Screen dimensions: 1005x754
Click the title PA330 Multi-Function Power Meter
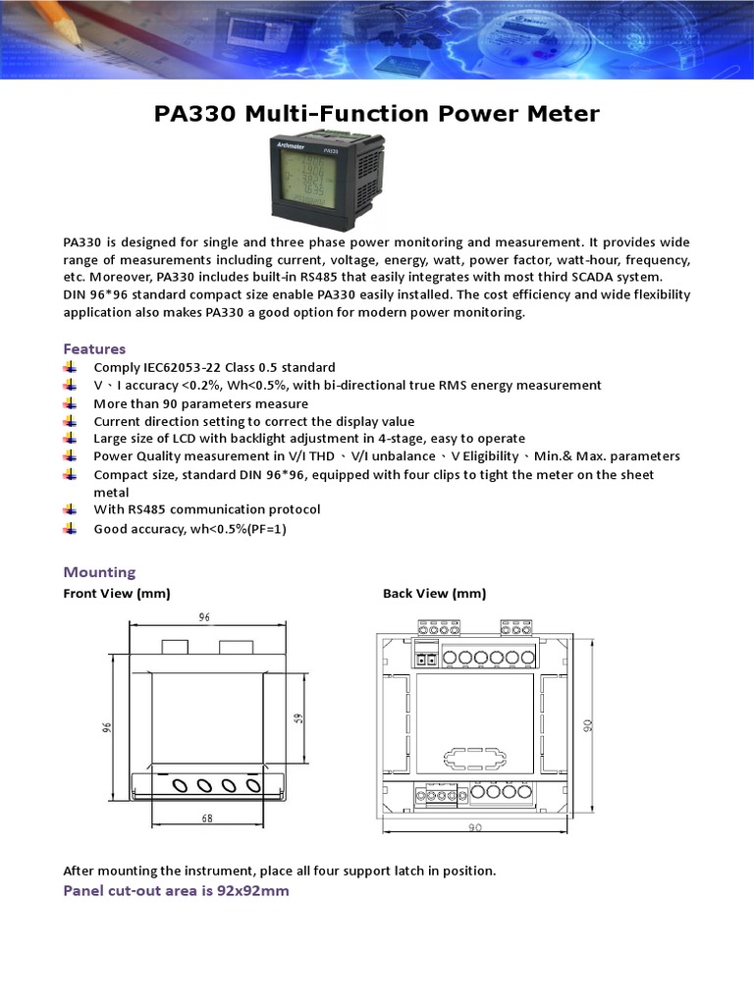376,114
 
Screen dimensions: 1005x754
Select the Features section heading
94,348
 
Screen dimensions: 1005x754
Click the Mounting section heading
99,571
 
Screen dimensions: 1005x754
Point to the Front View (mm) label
117,593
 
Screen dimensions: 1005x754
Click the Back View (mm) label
434,593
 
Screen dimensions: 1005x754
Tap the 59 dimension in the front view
299,717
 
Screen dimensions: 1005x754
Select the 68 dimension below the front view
207,818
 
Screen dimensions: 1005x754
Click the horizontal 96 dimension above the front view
205,618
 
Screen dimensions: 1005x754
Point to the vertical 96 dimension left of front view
108,726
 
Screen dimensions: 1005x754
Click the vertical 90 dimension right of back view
587,725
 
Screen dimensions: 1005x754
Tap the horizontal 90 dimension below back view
475,827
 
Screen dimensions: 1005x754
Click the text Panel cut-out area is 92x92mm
176,890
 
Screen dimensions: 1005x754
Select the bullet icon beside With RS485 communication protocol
70,509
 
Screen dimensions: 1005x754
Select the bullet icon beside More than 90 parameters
70,403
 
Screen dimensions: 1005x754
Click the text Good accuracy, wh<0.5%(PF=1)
189,529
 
